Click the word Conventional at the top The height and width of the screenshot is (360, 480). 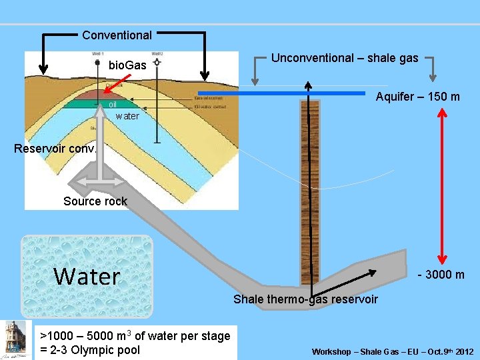tap(117, 35)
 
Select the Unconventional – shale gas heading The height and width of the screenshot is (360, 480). tap(345, 58)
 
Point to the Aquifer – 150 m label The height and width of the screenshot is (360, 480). tap(417, 97)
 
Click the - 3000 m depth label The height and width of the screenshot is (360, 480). tap(441, 275)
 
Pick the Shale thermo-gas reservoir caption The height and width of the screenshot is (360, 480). tap(305, 299)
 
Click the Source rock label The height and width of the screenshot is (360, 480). tap(95, 201)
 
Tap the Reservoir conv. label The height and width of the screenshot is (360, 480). tap(55, 148)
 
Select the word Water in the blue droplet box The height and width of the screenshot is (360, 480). tap(87, 276)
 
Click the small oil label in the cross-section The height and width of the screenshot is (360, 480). tap(113, 105)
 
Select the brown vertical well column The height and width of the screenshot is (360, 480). tap(309, 193)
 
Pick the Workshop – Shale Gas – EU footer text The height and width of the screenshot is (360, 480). tap(393, 351)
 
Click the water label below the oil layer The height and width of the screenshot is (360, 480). tap(127, 116)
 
